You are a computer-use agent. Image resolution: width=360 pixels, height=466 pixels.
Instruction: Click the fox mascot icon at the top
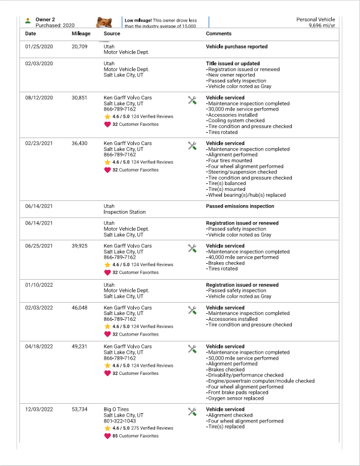(x=105, y=23)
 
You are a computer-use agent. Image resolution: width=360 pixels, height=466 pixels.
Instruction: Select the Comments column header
(x=218, y=33)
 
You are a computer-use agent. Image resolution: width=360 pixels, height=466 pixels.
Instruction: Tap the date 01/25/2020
(x=39, y=46)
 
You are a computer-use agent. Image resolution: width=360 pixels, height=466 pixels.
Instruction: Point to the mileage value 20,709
(x=79, y=46)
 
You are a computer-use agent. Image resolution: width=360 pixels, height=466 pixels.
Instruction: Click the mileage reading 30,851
(x=79, y=98)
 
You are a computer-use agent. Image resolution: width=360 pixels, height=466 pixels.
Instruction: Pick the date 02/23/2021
(x=39, y=143)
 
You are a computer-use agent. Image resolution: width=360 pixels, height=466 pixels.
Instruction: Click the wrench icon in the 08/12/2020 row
(x=191, y=100)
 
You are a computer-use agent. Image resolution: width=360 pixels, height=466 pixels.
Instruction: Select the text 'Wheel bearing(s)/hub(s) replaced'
(x=245, y=195)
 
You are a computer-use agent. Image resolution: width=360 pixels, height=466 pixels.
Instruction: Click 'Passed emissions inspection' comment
(x=240, y=206)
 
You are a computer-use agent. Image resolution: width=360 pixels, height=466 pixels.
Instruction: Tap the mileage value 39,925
(x=79, y=246)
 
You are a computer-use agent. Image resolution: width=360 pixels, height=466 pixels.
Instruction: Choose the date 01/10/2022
(x=39, y=285)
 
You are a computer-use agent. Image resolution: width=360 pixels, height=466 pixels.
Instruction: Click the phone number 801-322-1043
(x=120, y=420)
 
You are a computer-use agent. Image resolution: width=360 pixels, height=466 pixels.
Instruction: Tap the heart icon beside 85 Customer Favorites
(x=107, y=436)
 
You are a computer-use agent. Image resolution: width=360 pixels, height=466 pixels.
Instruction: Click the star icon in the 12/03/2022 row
(x=107, y=428)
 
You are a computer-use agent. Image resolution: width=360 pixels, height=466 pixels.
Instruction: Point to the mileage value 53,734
(x=79, y=409)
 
